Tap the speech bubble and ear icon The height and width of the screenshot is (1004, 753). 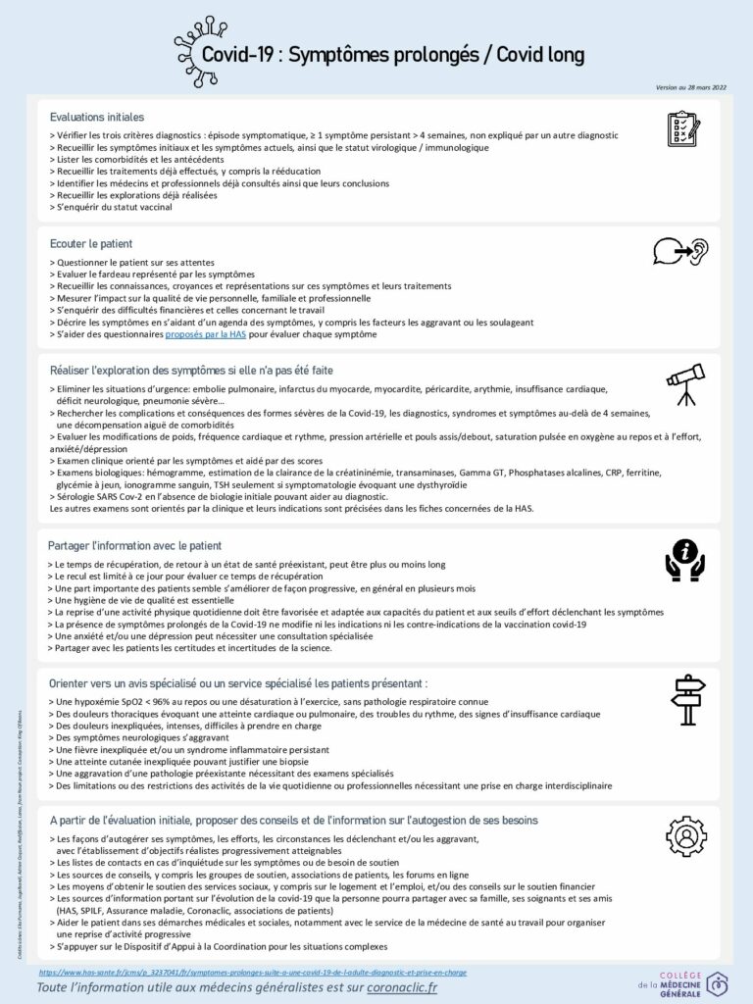point(680,252)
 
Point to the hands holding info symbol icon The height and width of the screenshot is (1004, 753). point(684,556)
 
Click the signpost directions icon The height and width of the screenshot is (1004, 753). point(686,699)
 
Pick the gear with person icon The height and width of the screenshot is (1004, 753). point(685,837)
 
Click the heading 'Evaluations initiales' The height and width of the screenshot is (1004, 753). point(97,117)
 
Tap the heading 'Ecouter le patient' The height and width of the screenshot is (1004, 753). point(91,242)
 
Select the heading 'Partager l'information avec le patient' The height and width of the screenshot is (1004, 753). point(134,545)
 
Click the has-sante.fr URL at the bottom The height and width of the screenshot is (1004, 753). point(253,972)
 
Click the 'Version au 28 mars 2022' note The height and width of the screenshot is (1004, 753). point(692,87)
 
